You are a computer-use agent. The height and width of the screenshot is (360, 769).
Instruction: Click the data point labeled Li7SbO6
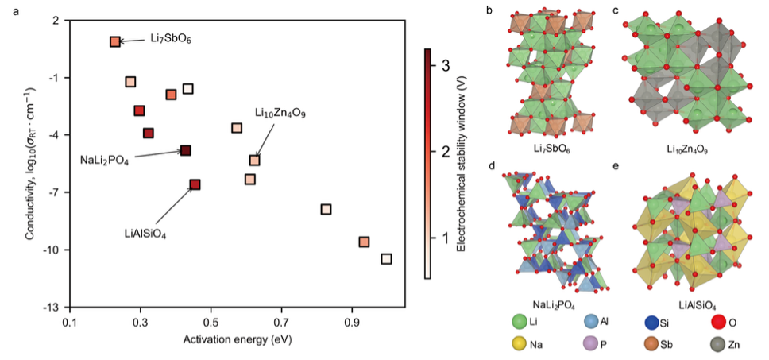tap(115, 41)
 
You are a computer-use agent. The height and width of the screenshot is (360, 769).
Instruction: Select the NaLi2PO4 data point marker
tap(186, 150)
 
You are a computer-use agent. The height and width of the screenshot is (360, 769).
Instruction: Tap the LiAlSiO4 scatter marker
tap(195, 184)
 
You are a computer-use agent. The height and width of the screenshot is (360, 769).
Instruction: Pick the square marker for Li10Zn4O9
tap(254, 161)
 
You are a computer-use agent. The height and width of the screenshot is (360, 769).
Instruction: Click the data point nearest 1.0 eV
tap(386, 259)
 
